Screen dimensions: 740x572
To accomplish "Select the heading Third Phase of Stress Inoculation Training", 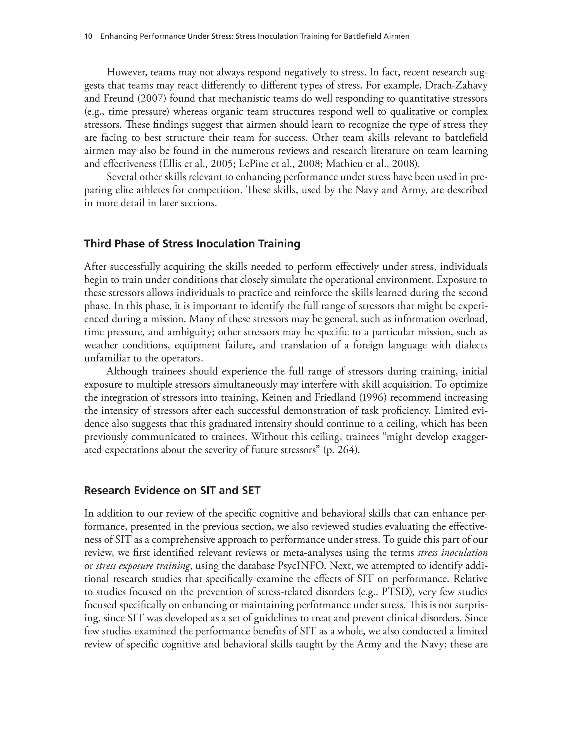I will click(192, 244).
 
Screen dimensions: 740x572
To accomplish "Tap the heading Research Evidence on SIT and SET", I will click(172, 490).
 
